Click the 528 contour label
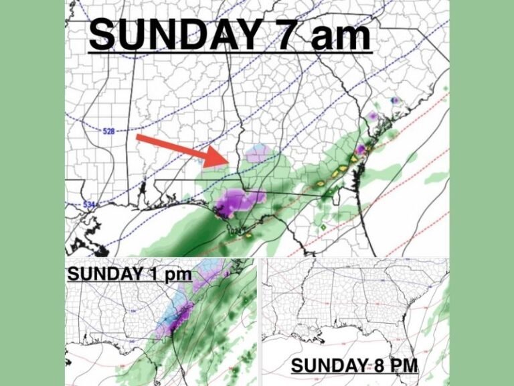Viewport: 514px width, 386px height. point(110,131)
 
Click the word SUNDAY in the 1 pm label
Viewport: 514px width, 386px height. point(99,275)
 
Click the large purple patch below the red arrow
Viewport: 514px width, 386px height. point(240,200)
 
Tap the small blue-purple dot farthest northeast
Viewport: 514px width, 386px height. point(396,101)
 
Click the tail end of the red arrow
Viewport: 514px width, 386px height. point(139,138)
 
